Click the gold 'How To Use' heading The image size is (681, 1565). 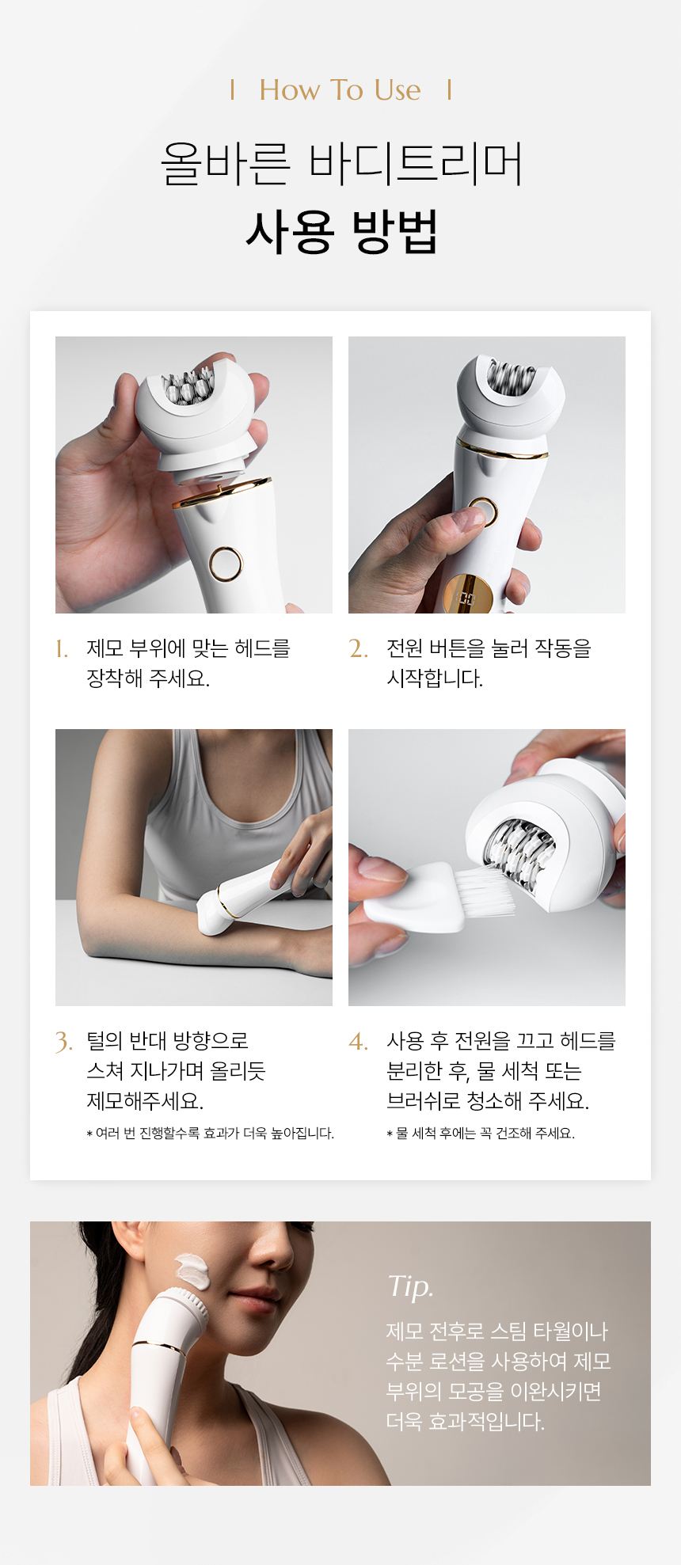tap(340, 90)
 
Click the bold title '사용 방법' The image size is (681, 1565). tap(341, 232)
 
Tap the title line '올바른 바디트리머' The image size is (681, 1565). tap(341, 164)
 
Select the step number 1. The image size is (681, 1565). tap(62, 650)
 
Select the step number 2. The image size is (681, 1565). tap(358, 649)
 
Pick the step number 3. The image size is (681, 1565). tap(64, 1042)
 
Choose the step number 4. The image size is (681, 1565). tap(358, 1041)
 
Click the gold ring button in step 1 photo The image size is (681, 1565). tap(226, 564)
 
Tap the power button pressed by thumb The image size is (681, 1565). tap(481, 512)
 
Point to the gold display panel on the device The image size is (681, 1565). tap(468, 595)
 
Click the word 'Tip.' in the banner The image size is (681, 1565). tap(410, 1286)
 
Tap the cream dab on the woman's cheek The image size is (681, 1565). tap(193, 1271)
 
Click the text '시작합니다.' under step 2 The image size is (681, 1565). tap(435, 678)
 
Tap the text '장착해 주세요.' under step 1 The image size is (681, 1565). tap(148, 678)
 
